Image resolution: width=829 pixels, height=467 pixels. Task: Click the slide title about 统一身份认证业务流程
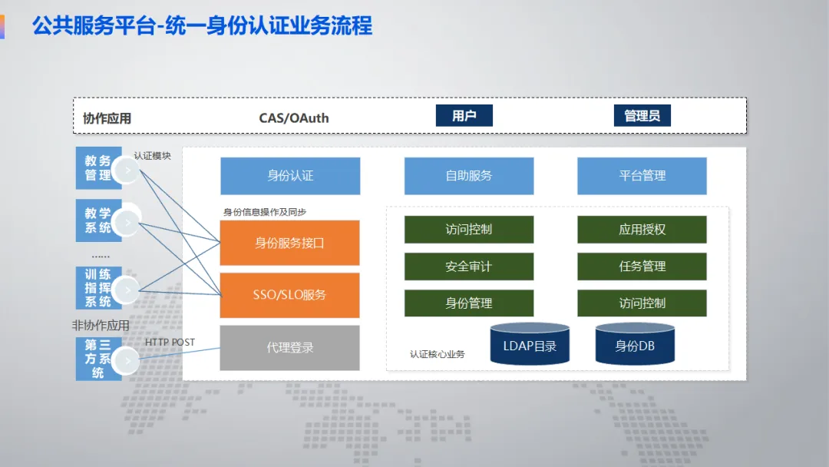(x=202, y=26)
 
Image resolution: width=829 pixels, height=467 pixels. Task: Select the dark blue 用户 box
(x=464, y=116)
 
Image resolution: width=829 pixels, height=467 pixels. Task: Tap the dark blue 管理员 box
(x=642, y=116)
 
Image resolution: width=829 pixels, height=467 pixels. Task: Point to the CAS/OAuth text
(x=294, y=118)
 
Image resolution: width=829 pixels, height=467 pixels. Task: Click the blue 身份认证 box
(x=290, y=176)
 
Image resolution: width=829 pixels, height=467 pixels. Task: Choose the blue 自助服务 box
(x=469, y=176)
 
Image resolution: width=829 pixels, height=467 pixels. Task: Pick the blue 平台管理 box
(x=642, y=176)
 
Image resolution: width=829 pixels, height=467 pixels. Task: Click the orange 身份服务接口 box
(x=290, y=243)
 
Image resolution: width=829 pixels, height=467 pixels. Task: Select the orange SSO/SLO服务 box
(x=290, y=295)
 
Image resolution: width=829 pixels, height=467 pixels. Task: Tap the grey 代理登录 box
(x=290, y=348)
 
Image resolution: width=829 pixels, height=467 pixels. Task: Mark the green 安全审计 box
(x=469, y=267)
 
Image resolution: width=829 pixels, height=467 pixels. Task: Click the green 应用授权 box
(x=642, y=230)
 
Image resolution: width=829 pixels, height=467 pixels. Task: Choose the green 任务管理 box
(x=642, y=267)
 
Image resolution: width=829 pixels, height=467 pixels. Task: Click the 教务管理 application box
(x=98, y=168)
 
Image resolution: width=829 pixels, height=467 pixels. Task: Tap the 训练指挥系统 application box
(x=98, y=288)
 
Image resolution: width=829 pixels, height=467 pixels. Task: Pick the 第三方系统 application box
(x=98, y=359)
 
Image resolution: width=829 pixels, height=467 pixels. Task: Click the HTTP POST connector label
(x=170, y=343)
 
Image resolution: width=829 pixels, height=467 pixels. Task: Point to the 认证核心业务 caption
(x=438, y=355)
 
